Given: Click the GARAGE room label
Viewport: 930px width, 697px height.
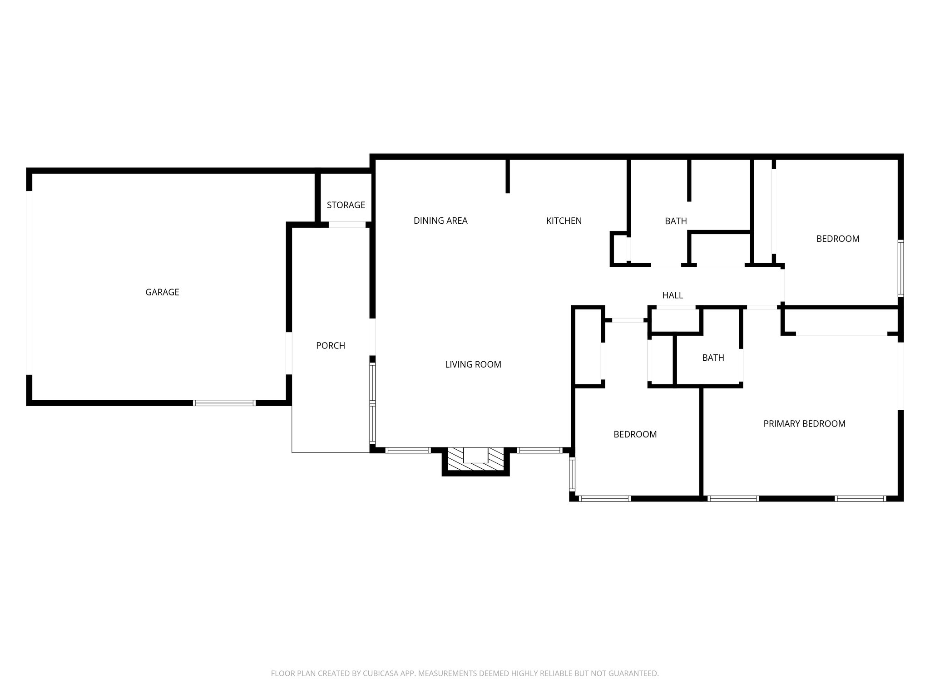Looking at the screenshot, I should tap(162, 292).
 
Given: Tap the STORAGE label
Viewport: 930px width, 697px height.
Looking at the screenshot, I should tap(346, 205).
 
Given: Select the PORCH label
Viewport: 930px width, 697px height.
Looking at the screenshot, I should tap(331, 346).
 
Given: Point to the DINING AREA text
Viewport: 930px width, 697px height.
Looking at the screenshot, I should tap(440, 221).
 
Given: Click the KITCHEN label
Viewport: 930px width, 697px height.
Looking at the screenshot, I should tap(564, 221).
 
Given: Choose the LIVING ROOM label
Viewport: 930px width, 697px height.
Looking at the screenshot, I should tap(473, 364).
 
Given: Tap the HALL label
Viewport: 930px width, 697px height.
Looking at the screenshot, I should tap(673, 295).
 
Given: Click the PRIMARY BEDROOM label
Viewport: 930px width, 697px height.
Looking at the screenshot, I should tap(804, 424).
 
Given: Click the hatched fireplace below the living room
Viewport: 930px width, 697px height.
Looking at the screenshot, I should tap(475, 460).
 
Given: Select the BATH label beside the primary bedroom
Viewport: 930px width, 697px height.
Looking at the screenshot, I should tap(713, 358).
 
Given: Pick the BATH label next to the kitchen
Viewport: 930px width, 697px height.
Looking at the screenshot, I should tap(676, 221).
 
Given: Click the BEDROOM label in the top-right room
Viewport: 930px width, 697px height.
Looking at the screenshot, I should tap(837, 239).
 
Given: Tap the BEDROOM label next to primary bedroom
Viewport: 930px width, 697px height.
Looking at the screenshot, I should tap(635, 434).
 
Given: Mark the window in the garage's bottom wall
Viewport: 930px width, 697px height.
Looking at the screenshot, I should tap(224, 403).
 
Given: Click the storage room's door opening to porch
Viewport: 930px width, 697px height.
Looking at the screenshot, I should tap(347, 225).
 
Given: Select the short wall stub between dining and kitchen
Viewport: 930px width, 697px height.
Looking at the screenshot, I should tap(508, 176).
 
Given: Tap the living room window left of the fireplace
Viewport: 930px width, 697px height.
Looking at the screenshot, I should tap(408, 451).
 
